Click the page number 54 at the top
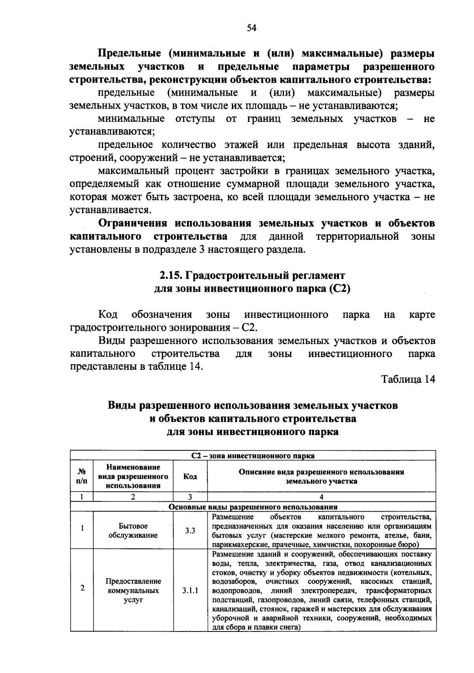click(x=252, y=28)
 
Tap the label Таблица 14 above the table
click(x=408, y=379)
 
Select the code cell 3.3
click(x=190, y=531)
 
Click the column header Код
click(x=190, y=476)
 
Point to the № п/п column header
click(x=82, y=476)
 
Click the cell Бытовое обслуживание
click(x=133, y=531)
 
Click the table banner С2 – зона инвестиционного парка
click(x=253, y=456)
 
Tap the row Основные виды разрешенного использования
click(x=253, y=507)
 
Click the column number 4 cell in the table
click(x=321, y=497)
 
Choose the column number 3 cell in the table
click(x=190, y=497)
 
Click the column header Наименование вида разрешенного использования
click(x=133, y=476)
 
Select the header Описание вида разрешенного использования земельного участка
click(x=321, y=476)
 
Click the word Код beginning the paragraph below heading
click(x=107, y=315)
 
